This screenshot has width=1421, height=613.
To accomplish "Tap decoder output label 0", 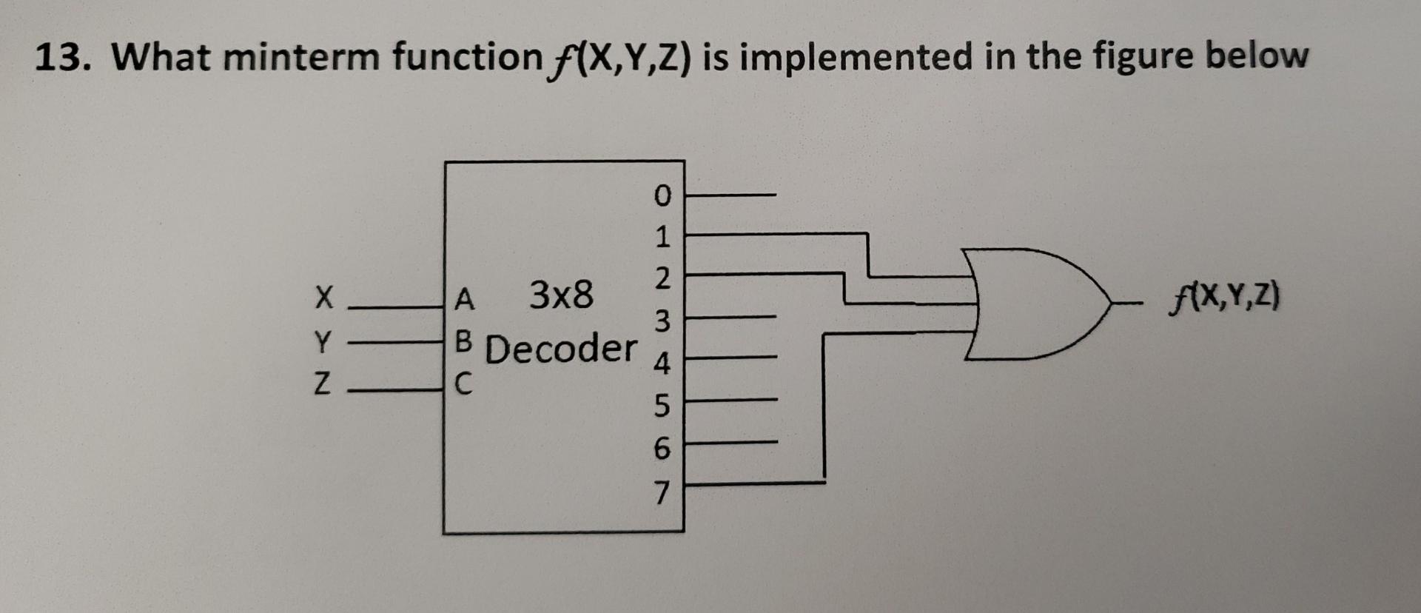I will [x=662, y=195].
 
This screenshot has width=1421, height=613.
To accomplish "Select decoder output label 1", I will [x=662, y=238].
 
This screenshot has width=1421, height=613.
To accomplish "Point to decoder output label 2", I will [x=662, y=279].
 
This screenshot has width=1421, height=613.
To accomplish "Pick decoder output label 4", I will [x=662, y=364].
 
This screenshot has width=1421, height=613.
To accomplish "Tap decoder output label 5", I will [x=662, y=406].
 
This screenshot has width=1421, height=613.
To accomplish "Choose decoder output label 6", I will [x=662, y=448].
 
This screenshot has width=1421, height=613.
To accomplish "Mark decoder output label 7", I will [x=662, y=492].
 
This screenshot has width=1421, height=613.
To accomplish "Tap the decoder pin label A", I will [x=464, y=299].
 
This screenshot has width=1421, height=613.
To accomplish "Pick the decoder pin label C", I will [x=463, y=383].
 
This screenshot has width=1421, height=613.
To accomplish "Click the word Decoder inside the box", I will [x=560, y=349].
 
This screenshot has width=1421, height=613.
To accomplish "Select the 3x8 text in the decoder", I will [x=561, y=295].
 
